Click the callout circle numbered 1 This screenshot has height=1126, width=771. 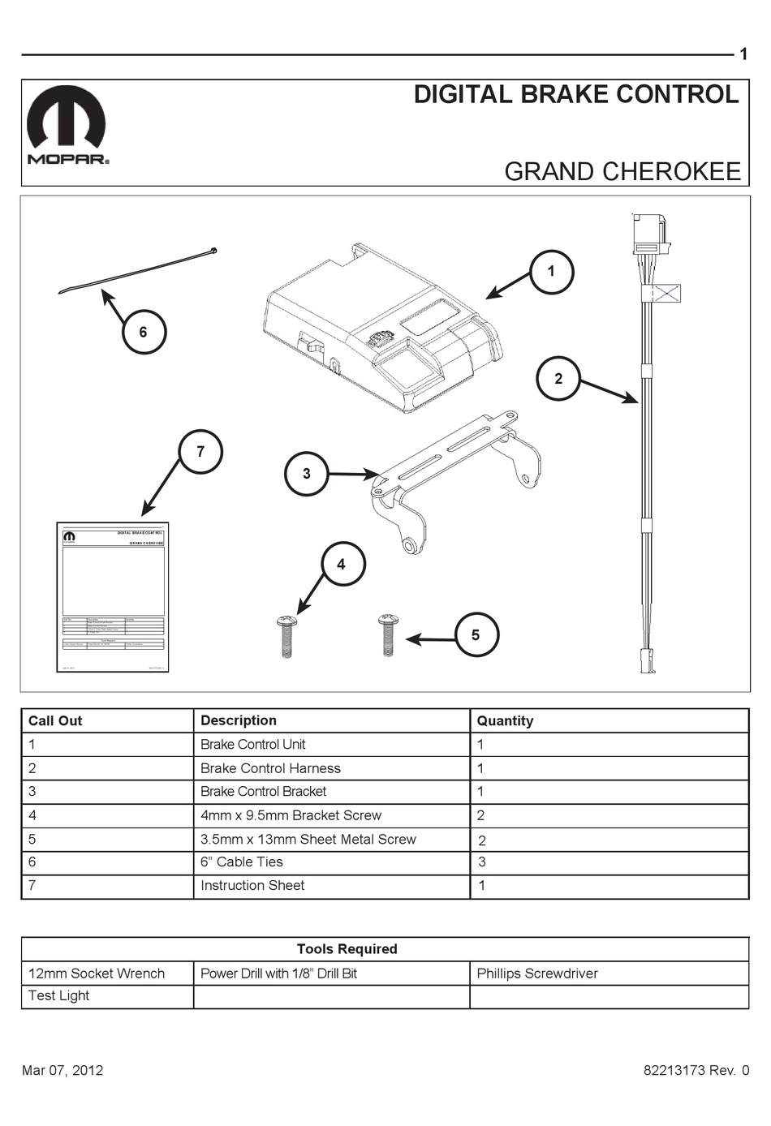point(551,272)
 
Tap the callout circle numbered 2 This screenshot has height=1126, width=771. point(558,379)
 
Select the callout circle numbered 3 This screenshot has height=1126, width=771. point(306,474)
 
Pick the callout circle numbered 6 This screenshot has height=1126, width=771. point(144,332)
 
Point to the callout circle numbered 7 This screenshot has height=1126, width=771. point(200,452)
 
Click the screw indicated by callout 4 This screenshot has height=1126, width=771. point(286,636)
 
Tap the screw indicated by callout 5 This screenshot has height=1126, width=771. point(387,634)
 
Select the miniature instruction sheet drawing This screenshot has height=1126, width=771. point(113,597)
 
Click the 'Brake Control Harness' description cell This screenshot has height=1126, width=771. point(270,768)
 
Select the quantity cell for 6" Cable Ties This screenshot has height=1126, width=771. point(481,862)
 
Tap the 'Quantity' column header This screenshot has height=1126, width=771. point(505,720)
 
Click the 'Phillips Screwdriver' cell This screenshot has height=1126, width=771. point(537,973)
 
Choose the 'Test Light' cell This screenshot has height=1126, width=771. point(58,996)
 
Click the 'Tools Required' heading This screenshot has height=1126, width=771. point(347,949)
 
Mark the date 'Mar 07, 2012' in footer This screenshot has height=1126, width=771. point(62,1070)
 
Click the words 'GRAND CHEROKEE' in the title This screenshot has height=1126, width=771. point(622,171)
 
